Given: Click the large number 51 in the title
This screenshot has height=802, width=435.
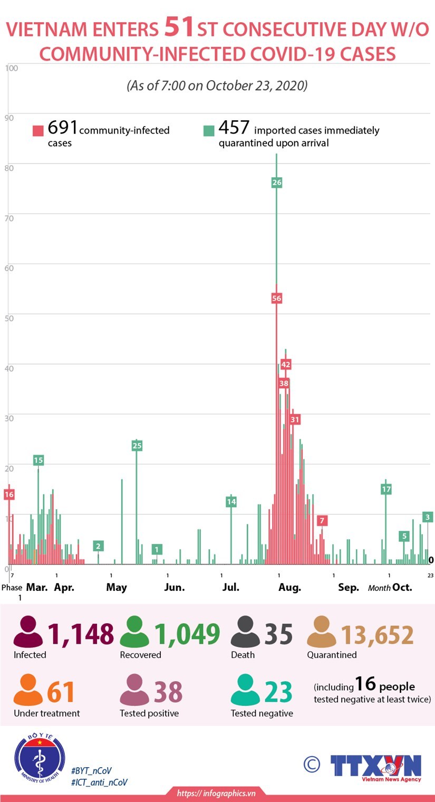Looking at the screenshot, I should (x=179, y=27).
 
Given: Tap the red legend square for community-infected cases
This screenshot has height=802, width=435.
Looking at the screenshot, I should (x=38, y=130).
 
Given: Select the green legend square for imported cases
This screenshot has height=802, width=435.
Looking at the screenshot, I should (x=209, y=130).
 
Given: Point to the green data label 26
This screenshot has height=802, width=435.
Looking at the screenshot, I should (x=277, y=183).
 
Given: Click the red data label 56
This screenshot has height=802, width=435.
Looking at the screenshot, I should (x=277, y=298).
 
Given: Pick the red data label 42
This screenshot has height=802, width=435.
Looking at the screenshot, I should (x=286, y=364).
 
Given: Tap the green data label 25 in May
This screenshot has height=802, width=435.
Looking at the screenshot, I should (x=137, y=446).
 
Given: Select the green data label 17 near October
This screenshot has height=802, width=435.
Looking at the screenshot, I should (x=386, y=489).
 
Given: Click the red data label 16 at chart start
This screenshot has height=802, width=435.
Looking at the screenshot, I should (x=8, y=494).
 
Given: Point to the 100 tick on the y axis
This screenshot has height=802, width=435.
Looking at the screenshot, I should (x=12, y=68).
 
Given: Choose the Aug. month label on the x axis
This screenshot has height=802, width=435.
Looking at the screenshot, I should (x=289, y=587).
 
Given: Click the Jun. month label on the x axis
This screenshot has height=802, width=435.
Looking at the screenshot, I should (x=174, y=587).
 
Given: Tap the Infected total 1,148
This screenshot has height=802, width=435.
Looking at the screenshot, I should (x=81, y=634).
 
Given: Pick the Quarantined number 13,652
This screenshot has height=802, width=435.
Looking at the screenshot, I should (x=377, y=635).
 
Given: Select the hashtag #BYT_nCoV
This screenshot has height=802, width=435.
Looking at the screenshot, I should (x=91, y=771).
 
